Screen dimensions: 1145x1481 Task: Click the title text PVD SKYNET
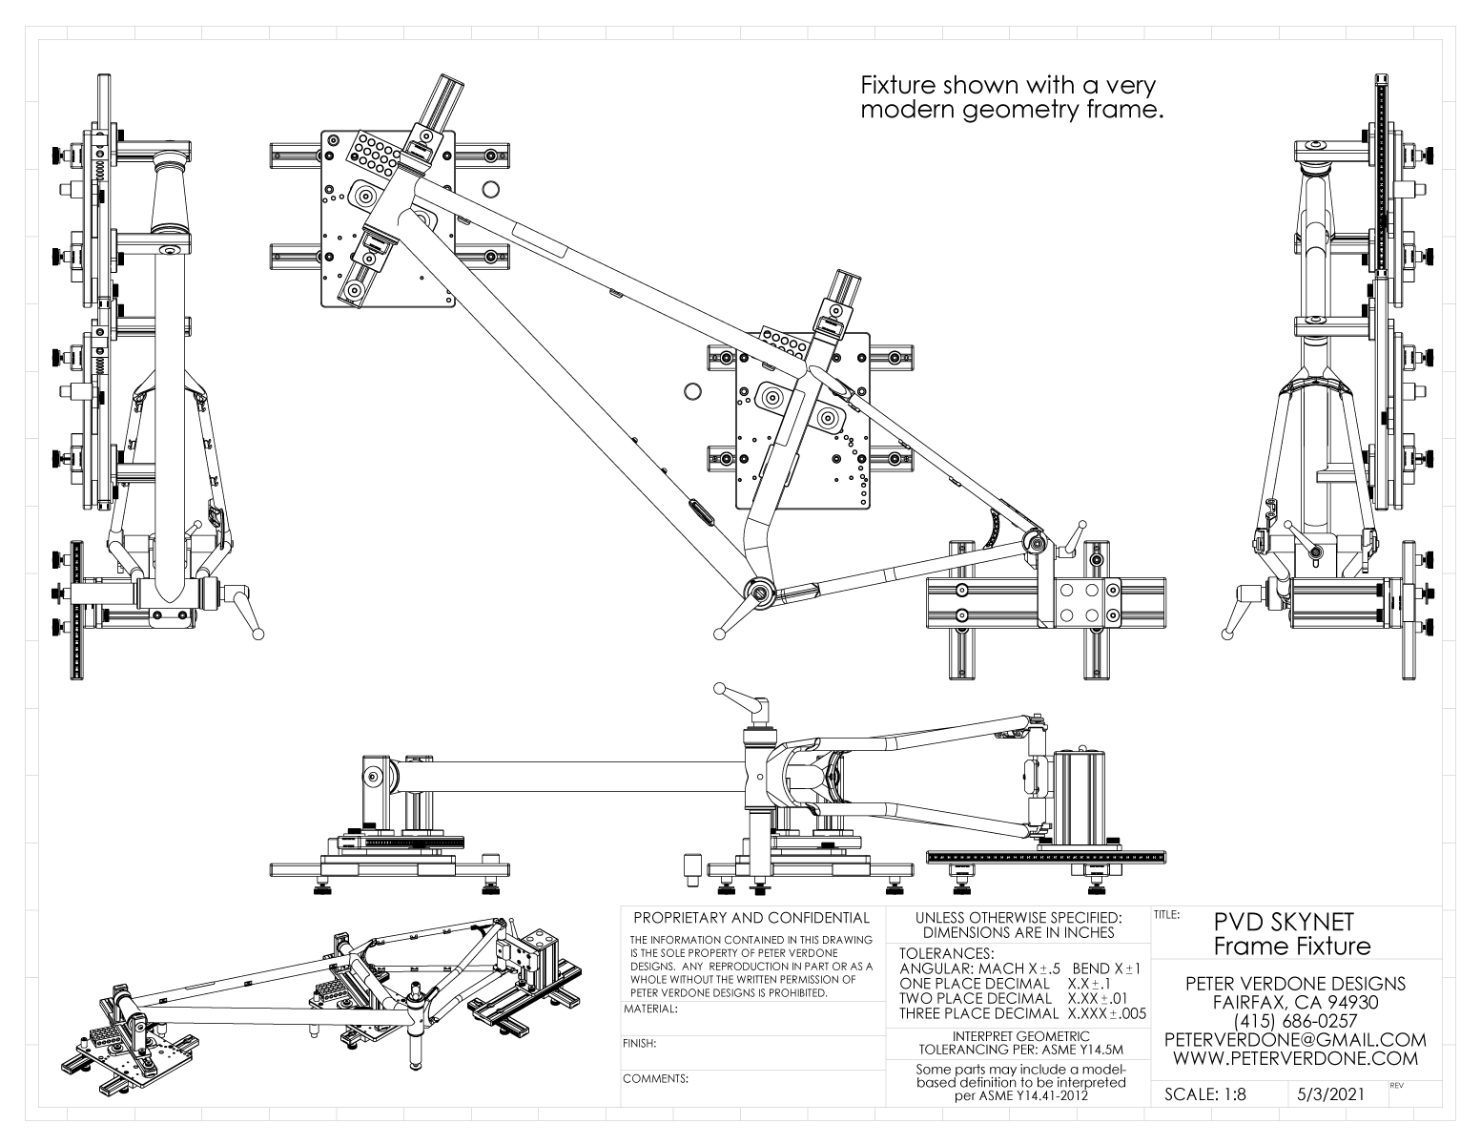tap(1284, 923)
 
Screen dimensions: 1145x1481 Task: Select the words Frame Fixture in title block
tap(1292, 947)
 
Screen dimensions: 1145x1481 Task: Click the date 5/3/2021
tap(1330, 1095)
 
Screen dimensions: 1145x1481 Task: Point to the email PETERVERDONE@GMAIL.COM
tap(1295, 1039)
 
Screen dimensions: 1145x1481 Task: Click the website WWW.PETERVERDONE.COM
tap(1295, 1058)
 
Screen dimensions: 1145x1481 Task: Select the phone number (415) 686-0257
tap(1295, 1021)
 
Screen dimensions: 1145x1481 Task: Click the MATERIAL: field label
tap(650, 1009)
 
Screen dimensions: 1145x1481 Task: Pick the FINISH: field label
tap(639, 1044)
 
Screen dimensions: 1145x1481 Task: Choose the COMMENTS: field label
tap(655, 1080)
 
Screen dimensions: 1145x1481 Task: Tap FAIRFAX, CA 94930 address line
tap(1295, 1003)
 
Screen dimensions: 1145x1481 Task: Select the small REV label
tap(1397, 1086)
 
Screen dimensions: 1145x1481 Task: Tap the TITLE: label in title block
tap(1168, 914)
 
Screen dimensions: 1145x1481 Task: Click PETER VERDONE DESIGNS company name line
tap(1295, 984)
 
